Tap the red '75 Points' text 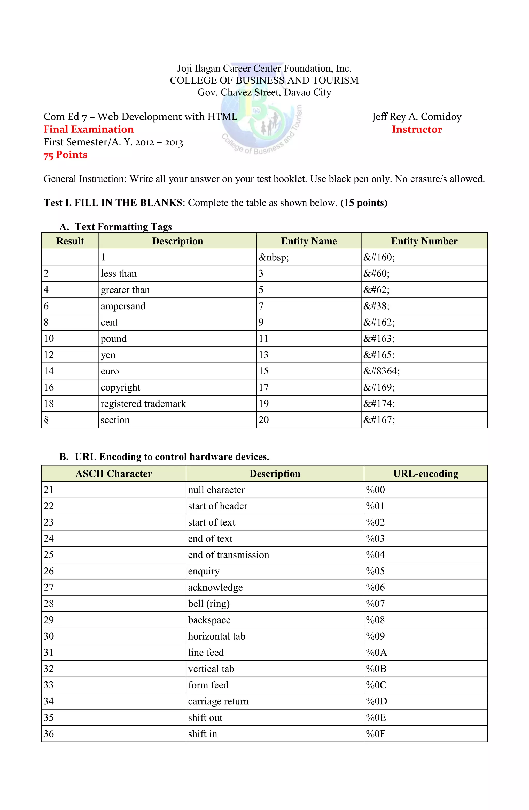65,155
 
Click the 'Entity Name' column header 308,241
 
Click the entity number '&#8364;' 382,371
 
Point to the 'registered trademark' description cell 143,404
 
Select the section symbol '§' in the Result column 46,420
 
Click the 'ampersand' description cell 123,306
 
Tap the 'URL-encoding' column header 425,474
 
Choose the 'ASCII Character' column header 114,474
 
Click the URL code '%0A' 376,652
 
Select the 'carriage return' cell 218,701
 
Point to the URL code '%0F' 375,734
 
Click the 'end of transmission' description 228,555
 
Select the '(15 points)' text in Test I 363,203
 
